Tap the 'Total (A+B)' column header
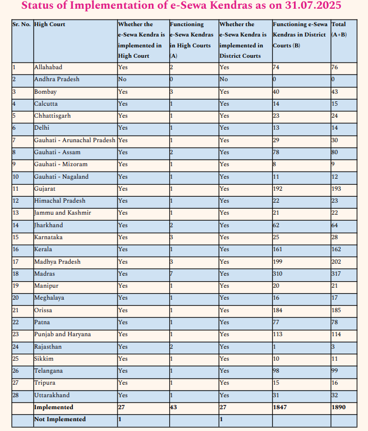[x=339, y=29]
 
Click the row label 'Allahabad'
[x=48, y=67]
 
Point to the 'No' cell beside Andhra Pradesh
[x=122, y=79]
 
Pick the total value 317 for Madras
[x=336, y=274]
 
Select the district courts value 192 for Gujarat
[x=278, y=189]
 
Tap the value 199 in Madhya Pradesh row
[x=278, y=262]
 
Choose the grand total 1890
[x=339, y=407]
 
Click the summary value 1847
[x=280, y=407]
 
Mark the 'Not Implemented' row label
[x=60, y=419]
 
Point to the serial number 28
[x=16, y=395]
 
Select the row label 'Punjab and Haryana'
[x=62, y=334]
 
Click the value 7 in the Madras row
[x=171, y=274]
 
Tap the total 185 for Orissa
[x=336, y=310]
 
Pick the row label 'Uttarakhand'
[x=52, y=395]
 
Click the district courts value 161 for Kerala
[x=278, y=249]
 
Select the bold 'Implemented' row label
[x=53, y=407]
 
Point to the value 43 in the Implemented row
[x=174, y=407]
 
